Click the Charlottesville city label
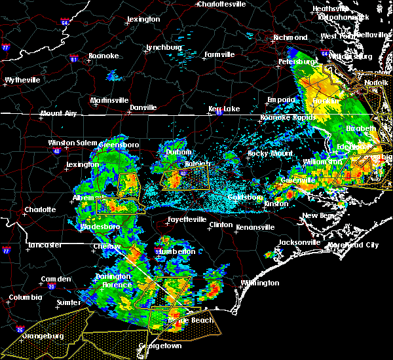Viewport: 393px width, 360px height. click(x=221, y=4)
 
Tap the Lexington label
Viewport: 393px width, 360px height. click(x=143, y=20)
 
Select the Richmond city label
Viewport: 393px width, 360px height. click(x=290, y=38)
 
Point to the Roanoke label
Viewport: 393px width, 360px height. click(x=104, y=56)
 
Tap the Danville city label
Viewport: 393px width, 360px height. click(x=143, y=107)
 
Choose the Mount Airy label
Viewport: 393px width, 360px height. click(x=58, y=113)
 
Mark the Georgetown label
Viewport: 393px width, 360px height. click(x=160, y=346)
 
